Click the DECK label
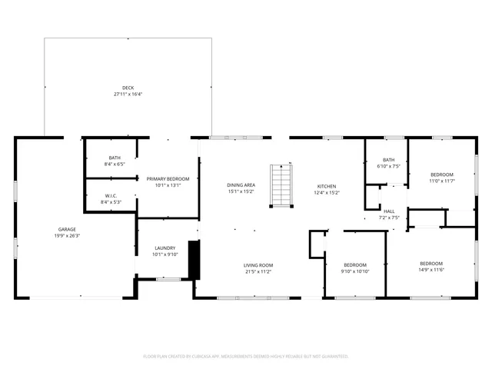(x=128, y=88)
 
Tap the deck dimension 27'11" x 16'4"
(x=128, y=95)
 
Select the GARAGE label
(x=67, y=229)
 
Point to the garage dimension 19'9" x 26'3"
(x=67, y=236)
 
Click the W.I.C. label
(x=111, y=195)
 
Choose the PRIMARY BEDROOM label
(x=167, y=178)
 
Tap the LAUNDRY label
(x=165, y=248)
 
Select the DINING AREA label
(x=241, y=185)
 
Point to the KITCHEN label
(x=327, y=186)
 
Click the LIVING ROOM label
(x=258, y=265)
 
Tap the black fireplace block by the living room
(x=194, y=260)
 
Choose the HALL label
(x=389, y=211)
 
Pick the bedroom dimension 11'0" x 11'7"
(x=442, y=181)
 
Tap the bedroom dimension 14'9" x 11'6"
(x=431, y=270)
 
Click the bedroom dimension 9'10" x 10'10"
(x=355, y=271)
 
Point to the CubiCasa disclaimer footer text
(x=246, y=357)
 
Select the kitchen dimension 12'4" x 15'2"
(x=327, y=193)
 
